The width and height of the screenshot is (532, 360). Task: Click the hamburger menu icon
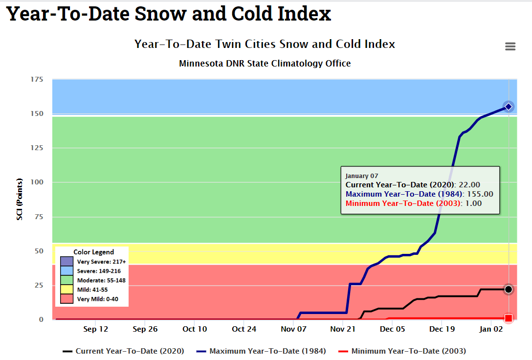click(510, 46)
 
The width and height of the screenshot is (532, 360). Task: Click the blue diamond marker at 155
click(509, 107)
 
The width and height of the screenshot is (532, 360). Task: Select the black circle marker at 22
click(509, 290)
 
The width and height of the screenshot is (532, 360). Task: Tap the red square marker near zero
click(509, 318)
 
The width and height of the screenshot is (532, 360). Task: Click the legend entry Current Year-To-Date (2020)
click(123, 351)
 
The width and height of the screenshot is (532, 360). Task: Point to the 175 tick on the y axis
click(37, 80)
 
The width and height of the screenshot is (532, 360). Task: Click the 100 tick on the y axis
click(37, 182)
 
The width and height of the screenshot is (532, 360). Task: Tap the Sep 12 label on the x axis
click(96, 329)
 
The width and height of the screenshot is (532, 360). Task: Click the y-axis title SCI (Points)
click(20, 200)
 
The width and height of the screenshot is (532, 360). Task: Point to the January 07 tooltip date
click(362, 176)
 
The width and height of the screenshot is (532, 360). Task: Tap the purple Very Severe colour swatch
click(66, 262)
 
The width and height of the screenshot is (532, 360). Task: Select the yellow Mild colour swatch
click(66, 290)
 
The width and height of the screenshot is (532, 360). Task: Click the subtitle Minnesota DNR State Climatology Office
click(265, 64)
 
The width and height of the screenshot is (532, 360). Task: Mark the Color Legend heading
click(93, 252)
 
